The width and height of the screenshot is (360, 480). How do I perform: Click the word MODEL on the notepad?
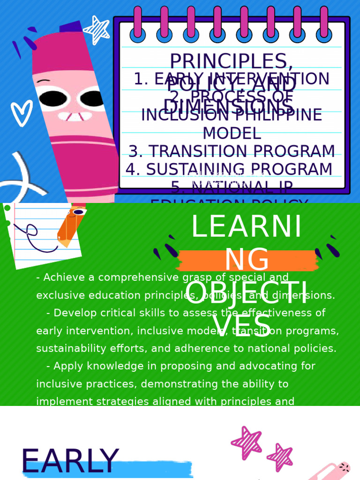(x=232, y=134)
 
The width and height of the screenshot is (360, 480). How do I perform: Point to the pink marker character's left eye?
(x=52, y=98)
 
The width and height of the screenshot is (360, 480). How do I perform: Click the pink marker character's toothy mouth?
(x=75, y=116)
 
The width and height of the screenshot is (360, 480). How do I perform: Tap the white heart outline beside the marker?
(x=21, y=113)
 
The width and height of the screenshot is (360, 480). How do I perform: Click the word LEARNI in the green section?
(x=247, y=227)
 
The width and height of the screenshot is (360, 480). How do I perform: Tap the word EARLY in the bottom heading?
(x=70, y=462)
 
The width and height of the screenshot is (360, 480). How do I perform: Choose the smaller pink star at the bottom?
(x=280, y=457)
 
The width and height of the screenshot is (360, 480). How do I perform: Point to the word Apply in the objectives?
(x=67, y=366)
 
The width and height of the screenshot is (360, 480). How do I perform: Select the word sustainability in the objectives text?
(x=72, y=349)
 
